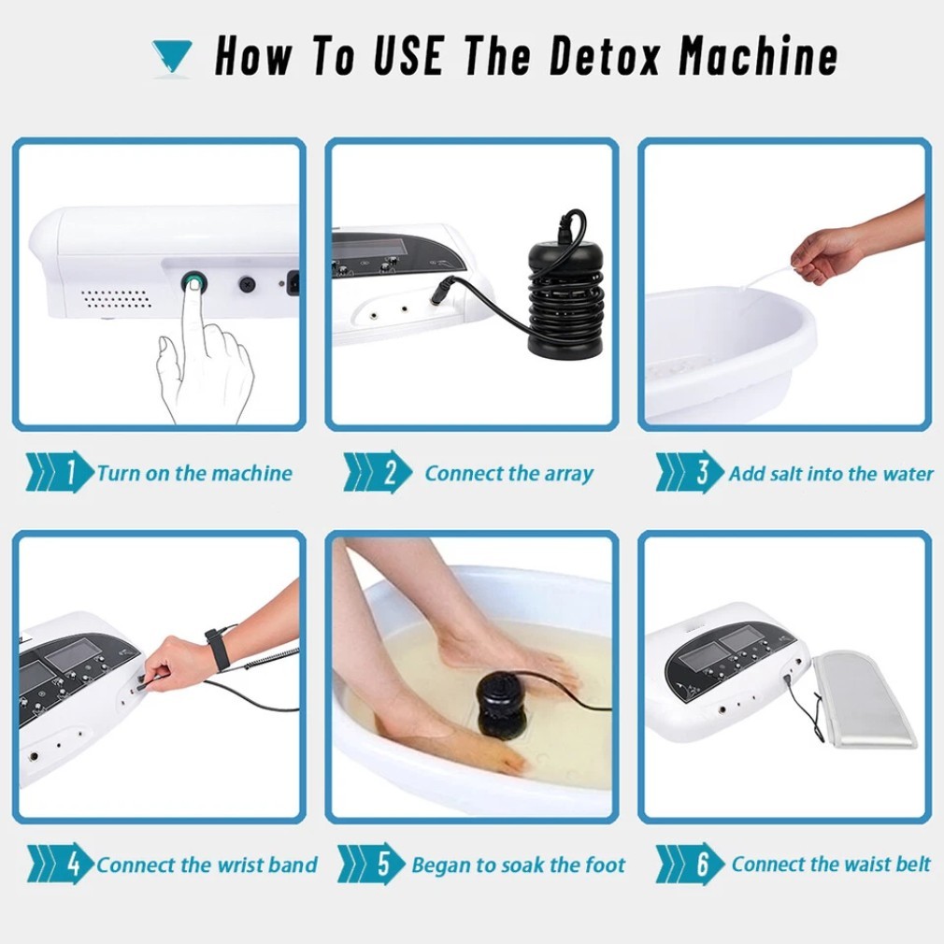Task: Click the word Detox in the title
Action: point(605,55)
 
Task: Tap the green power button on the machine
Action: point(193,281)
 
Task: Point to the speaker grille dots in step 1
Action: point(116,298)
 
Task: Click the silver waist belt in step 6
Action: point(863,699)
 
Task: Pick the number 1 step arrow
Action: point(59,472)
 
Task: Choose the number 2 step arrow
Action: point(378,472)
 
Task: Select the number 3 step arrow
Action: point(690,472)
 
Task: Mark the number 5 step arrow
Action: point(371,864)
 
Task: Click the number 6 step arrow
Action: point(690,864)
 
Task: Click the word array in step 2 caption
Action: point(569,475)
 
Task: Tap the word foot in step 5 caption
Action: point(605,865)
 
